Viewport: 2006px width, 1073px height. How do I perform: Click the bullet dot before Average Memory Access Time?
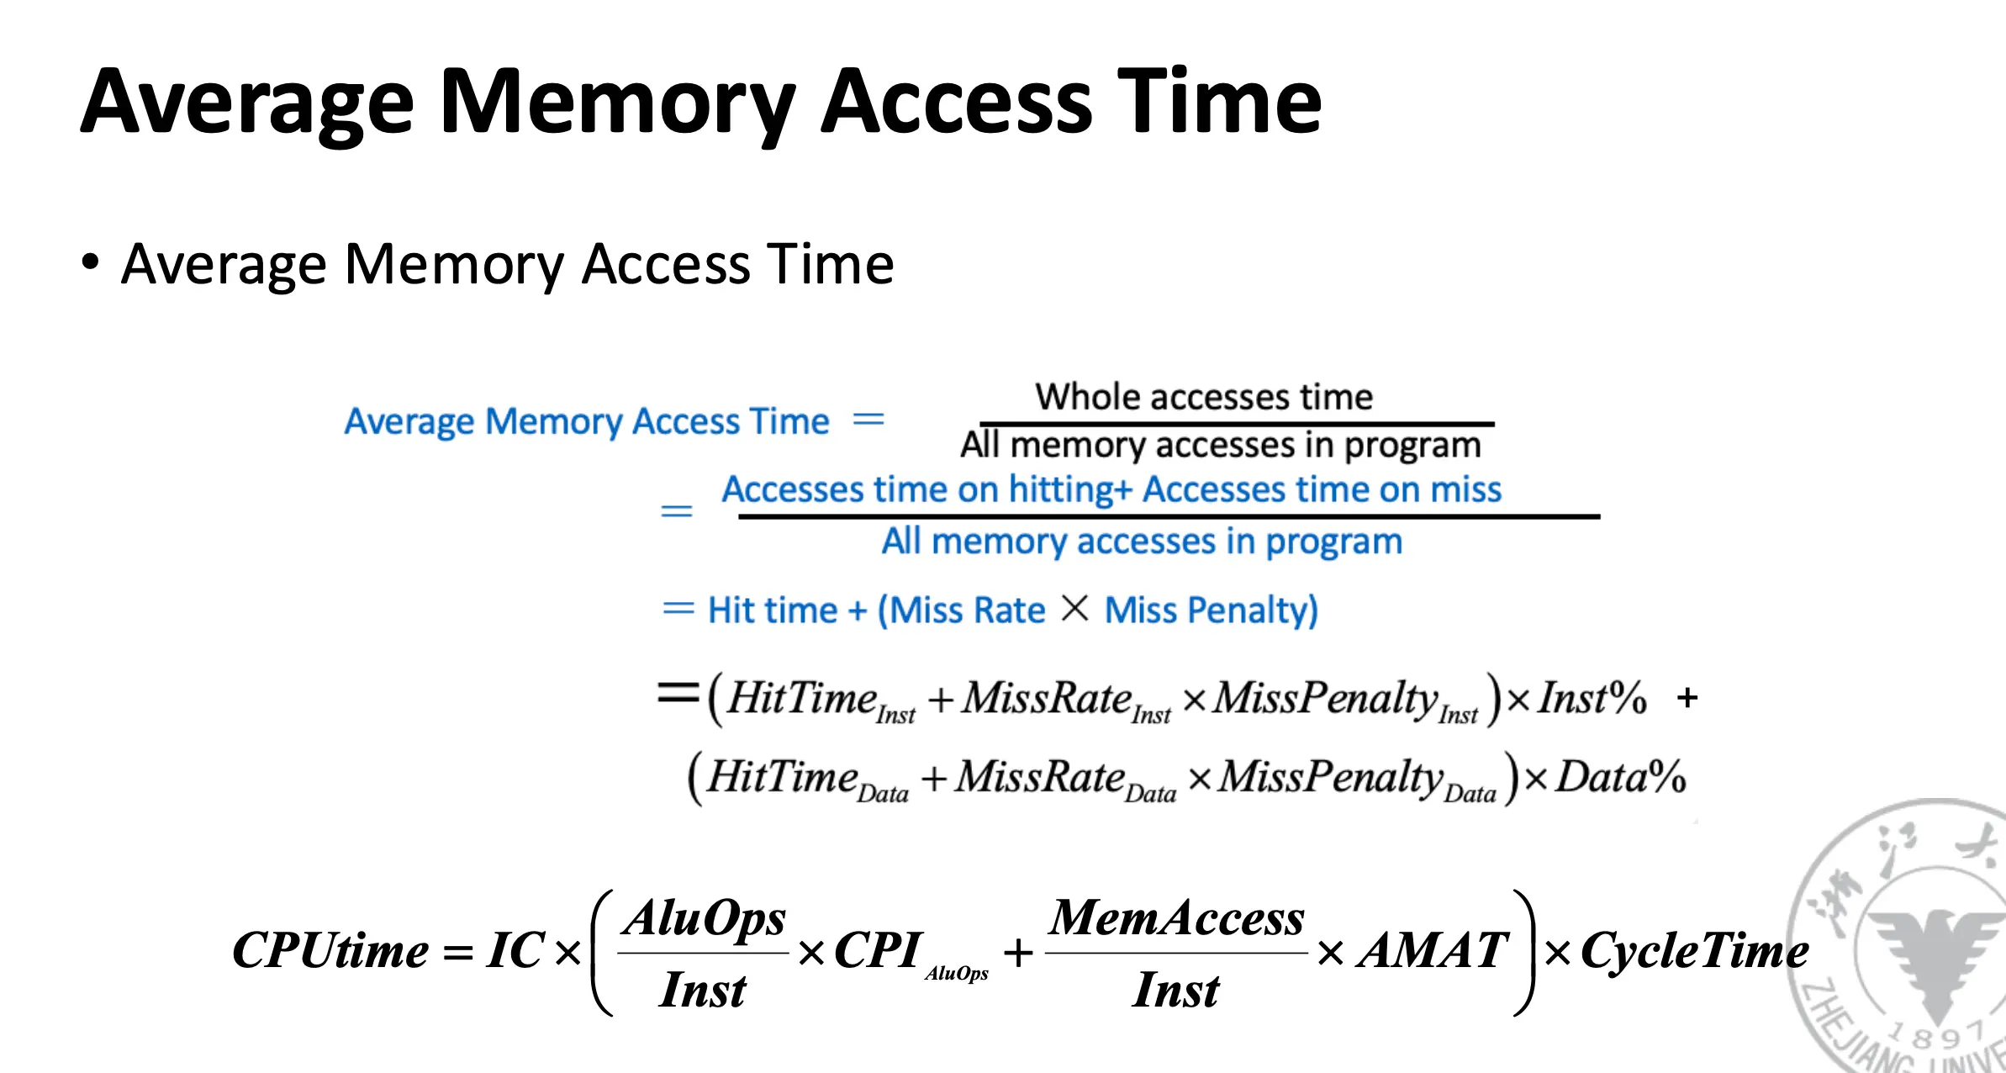click(90, 262)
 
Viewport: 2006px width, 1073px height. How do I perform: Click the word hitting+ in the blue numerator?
click(1070, 490)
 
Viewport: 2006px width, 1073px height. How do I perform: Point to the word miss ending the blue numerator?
click(1465, 490)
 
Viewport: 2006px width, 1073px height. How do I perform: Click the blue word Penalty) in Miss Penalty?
click(1253, 610)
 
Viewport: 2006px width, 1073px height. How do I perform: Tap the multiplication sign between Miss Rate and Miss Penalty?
click(1074, 608)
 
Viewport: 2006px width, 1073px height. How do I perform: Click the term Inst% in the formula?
click(1592, 699)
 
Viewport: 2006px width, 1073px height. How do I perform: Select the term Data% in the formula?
click(1620, 777)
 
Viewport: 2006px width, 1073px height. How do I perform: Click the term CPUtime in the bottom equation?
click(330, 951)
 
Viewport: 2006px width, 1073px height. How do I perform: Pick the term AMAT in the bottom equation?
click(1433, 951)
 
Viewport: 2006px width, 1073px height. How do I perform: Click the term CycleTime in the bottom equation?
click(1694, 951)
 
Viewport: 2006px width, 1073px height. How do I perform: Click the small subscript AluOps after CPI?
click(957, 974)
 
